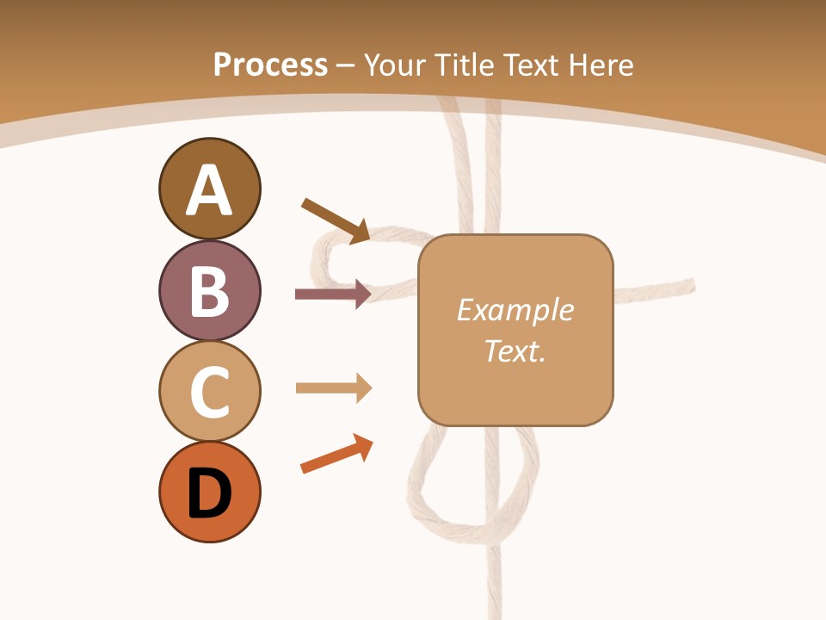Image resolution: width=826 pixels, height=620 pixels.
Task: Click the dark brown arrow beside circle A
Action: (336, 220)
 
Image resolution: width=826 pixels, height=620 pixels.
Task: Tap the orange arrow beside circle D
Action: (336, 455)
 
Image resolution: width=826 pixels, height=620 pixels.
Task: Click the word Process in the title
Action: (270, 65)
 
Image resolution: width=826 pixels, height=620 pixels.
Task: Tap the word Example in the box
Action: (515, 310)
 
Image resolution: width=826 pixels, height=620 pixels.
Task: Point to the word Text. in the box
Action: (515, 350)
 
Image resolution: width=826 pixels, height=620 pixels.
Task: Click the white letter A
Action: (209, 191)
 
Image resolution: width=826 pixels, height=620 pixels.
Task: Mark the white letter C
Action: (209, 393)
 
